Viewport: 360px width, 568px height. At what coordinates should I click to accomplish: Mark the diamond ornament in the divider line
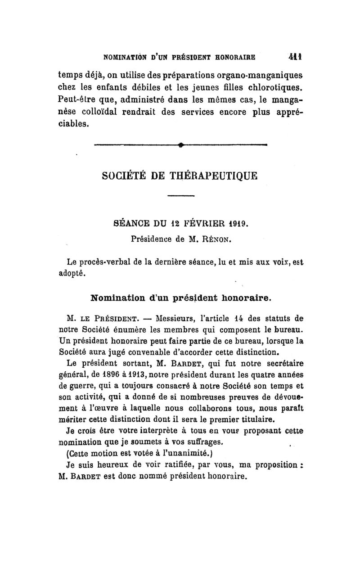(180, 144)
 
